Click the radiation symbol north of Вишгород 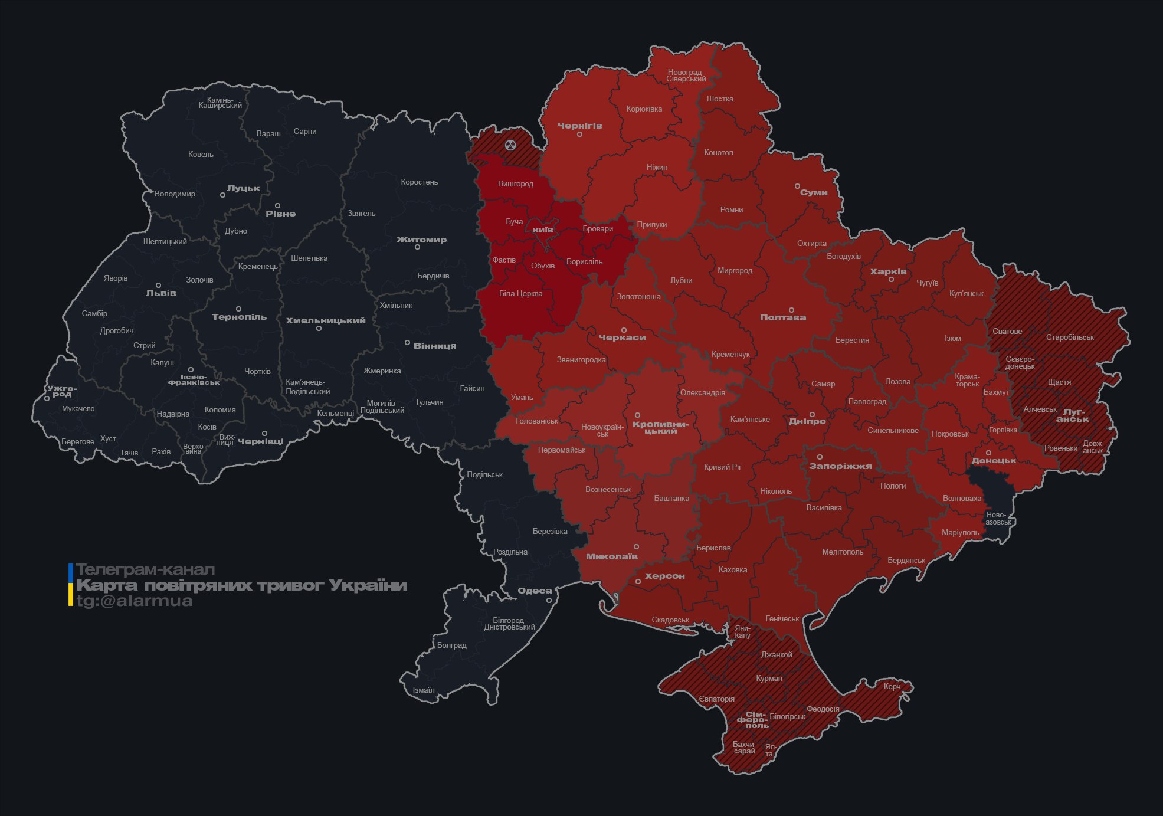coord(510,145)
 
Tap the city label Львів coord(161,293)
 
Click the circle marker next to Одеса coord(549,600)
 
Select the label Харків coord(888,272)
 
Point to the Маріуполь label coord(960,533)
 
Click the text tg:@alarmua coord(135,601)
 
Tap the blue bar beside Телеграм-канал coord(71,571)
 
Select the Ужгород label coord(62,391)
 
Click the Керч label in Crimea coord(892,686)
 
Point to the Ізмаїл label coord(424,690)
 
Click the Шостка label coord(720,99)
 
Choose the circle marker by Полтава coord(791,310)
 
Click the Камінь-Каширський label coord(220,103)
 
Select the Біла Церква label coord(520,294)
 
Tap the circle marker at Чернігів coord(579,135)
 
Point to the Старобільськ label coord(1070,337)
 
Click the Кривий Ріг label coord(723,467)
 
